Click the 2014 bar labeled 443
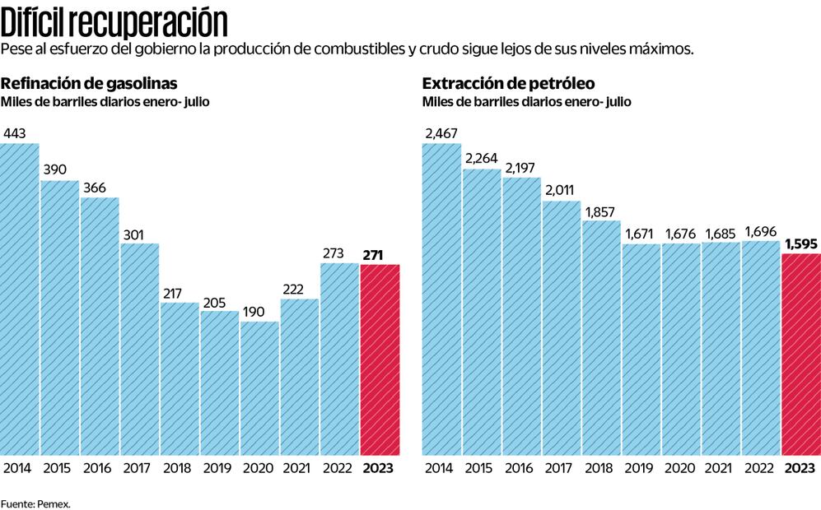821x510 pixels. (x=19, y=299)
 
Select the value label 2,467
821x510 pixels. (x=441, y=133)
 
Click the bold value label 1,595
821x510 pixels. (x=801, y=243)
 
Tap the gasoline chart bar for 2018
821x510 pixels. (x=180, y=378)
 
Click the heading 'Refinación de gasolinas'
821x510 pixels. (x=89, y=84)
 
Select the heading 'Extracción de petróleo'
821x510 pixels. (x=508, y=84)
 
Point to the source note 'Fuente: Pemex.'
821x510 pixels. (x=35, y=503)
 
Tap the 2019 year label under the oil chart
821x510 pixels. (x=641, y=468)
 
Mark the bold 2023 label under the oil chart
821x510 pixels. (x=801, y=468)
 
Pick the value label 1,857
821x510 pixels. (x=601, y=211)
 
